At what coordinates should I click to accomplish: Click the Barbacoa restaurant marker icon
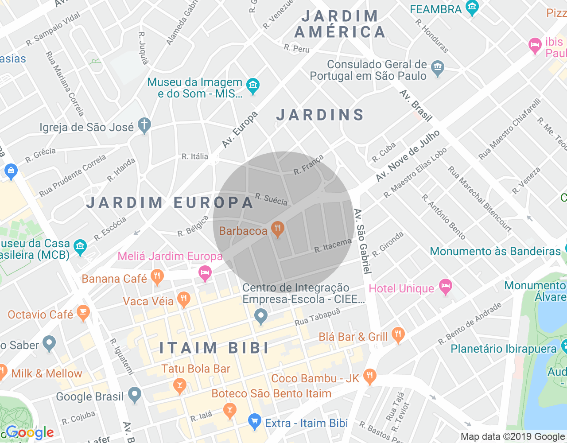click(278, 229)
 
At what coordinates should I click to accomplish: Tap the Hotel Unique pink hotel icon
click(445, 287)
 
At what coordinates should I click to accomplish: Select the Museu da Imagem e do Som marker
click(253, 86)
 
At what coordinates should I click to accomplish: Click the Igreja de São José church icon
click(144, 126)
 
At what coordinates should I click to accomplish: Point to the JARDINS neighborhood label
click(320, 115)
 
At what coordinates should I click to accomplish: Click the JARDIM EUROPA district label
click(170, 202)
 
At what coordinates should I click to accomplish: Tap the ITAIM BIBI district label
click(214, 348)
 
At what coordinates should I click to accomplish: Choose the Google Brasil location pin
click(135, 395)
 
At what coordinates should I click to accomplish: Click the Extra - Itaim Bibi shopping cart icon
click(254, 422)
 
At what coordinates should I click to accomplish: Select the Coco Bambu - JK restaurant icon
click(369, 377)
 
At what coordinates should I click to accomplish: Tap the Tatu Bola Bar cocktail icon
click(179, 385)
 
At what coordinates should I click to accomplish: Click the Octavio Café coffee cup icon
click(83, 313)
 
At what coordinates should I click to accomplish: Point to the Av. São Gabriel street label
click(363, 241)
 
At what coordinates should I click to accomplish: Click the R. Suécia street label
click(272, 199)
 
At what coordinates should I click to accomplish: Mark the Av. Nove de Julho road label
click(408, 156)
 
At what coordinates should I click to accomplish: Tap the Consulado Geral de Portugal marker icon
click(438, 68)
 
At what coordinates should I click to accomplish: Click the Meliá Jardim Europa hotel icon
click(205, 273)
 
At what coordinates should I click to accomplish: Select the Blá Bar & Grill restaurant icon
click(398, 335)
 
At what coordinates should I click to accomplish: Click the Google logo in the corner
click(30, 433)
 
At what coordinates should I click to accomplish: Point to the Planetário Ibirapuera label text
click(503, 349)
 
